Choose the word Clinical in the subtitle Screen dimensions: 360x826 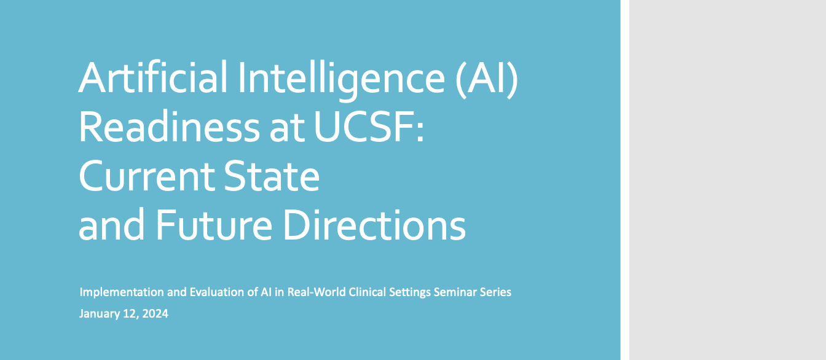tap(355, 292)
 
